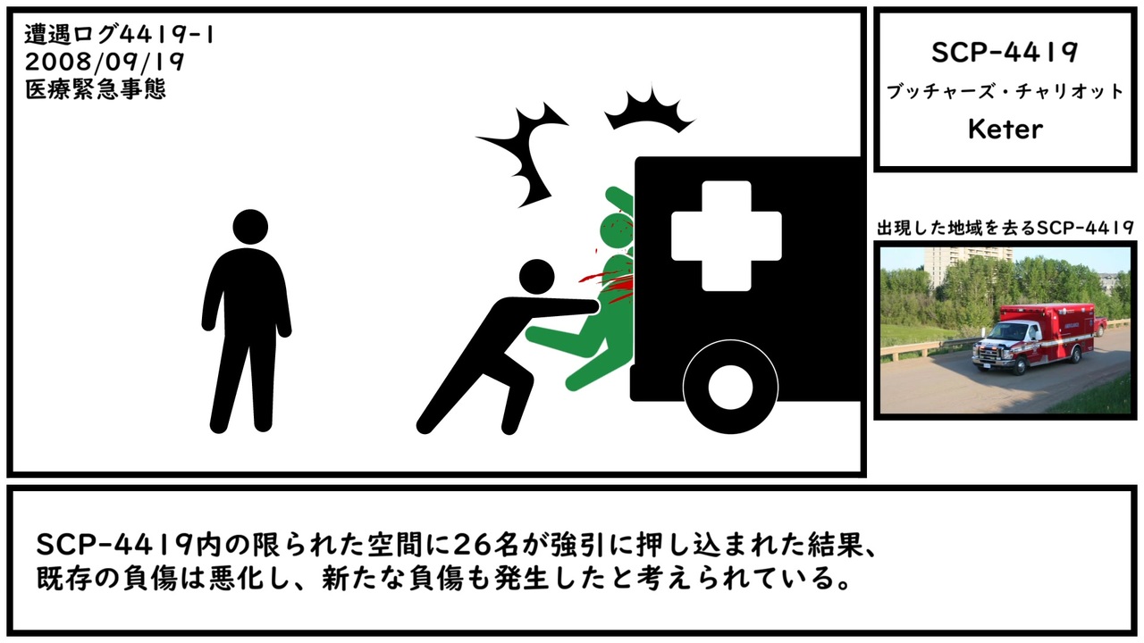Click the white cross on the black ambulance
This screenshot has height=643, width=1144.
click(x=727, y=236)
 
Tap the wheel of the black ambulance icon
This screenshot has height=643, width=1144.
click(x=730, y=387)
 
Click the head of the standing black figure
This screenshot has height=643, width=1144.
click(x=250, y=227)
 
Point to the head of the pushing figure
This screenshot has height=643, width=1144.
click(x=536, y=277)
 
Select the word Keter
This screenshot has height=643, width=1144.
click(x=1005, y=129)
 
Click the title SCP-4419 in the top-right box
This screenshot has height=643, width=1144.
click(x=1005, y=52)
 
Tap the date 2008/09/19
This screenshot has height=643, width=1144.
click(x=105, y=62)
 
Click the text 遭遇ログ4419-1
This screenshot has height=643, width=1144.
click(x=119, y=35)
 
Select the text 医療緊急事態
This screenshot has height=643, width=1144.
click(x=96, y=89)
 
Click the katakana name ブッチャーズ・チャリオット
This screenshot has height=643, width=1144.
click(x=1005, y=92)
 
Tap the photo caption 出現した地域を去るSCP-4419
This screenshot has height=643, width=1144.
click(x=1005, y=228)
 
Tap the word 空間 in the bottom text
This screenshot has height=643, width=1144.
click(x=391, y=545)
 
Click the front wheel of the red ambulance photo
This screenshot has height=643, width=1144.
click(x=1018, y=365)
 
